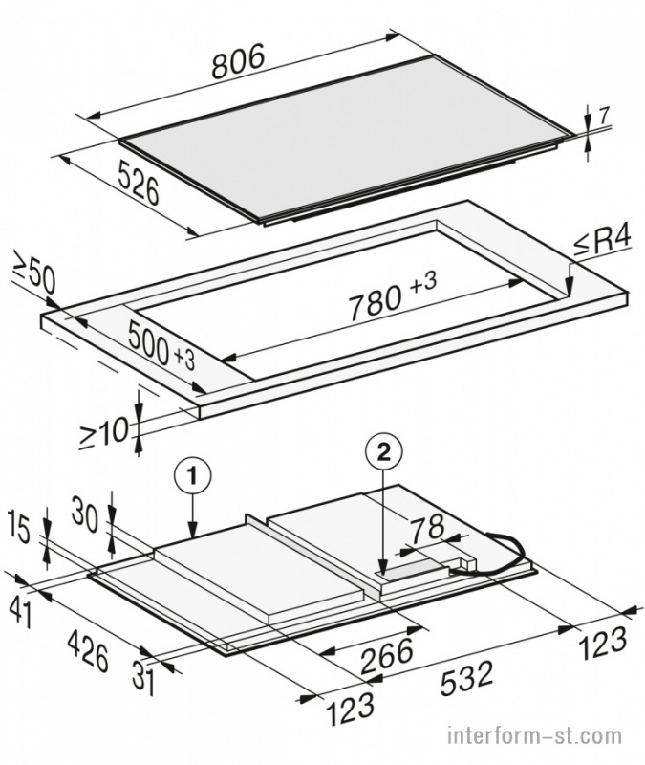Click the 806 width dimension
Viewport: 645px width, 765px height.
(239, 60)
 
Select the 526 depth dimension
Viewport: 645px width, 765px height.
(138, 185)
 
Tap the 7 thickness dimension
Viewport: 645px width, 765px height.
(604, 116)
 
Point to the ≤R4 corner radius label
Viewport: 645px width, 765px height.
(601, 243)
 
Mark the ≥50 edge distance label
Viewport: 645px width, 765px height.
(33, 278)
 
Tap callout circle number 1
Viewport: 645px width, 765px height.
(193, 475)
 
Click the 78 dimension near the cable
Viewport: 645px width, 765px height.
(427, 528)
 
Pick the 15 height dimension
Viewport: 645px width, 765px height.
(22, 531)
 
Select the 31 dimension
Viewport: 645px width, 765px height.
(144, 682)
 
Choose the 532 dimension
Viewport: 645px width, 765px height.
(467, 679)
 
